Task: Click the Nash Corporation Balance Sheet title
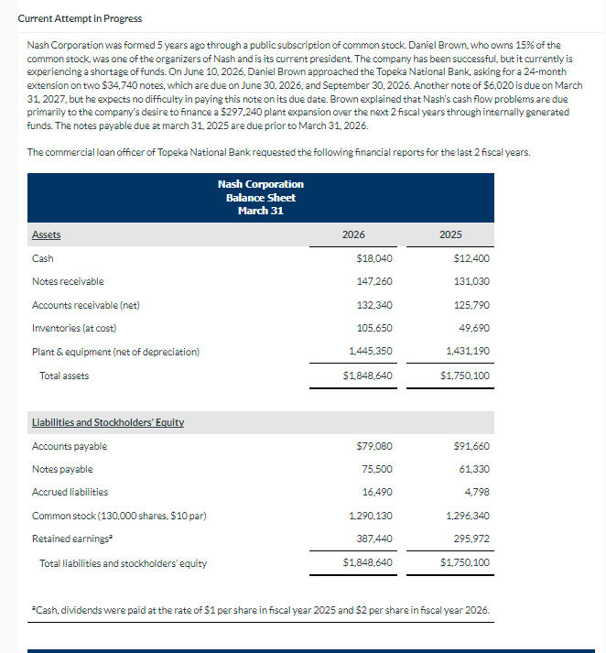(260, 197)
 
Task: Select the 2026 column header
(353, 234)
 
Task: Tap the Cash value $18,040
(379, 258)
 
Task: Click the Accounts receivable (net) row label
(85, 305)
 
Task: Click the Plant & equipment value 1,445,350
(374, 352)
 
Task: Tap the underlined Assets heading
(47, 235)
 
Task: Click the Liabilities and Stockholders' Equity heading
(108, 422)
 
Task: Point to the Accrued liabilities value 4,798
(477, 492)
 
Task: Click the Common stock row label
(118, 516)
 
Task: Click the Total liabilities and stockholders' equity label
(123, 563)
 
